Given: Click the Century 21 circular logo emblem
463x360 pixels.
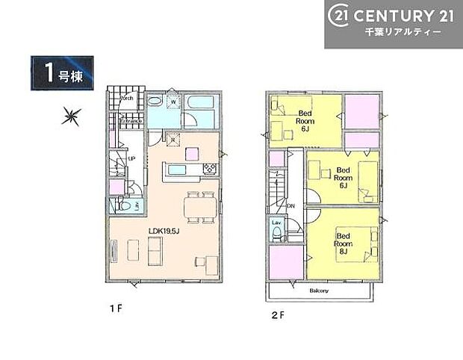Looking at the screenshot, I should [341, 15].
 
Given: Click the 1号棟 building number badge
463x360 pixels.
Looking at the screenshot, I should [63, 73].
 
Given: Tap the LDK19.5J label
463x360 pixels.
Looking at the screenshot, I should [167, 231].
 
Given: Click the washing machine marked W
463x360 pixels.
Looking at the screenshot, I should [173, 102].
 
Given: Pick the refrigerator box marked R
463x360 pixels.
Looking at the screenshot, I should [173, 137].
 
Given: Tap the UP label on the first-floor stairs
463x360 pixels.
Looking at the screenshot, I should [132, 158].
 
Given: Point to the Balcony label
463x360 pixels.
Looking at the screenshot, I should [318, 288].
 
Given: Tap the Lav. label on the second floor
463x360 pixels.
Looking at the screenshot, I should [276, 223].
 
